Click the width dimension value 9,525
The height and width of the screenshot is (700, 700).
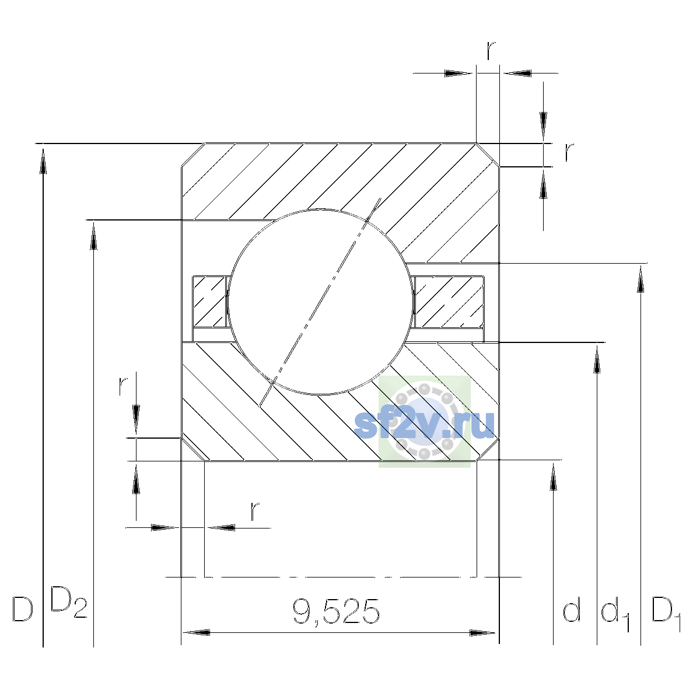tap(336, 611)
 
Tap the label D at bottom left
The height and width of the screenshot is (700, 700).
tap(23, 609)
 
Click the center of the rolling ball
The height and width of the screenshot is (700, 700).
tap(320, 302)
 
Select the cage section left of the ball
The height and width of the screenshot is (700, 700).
tap(210, 302)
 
